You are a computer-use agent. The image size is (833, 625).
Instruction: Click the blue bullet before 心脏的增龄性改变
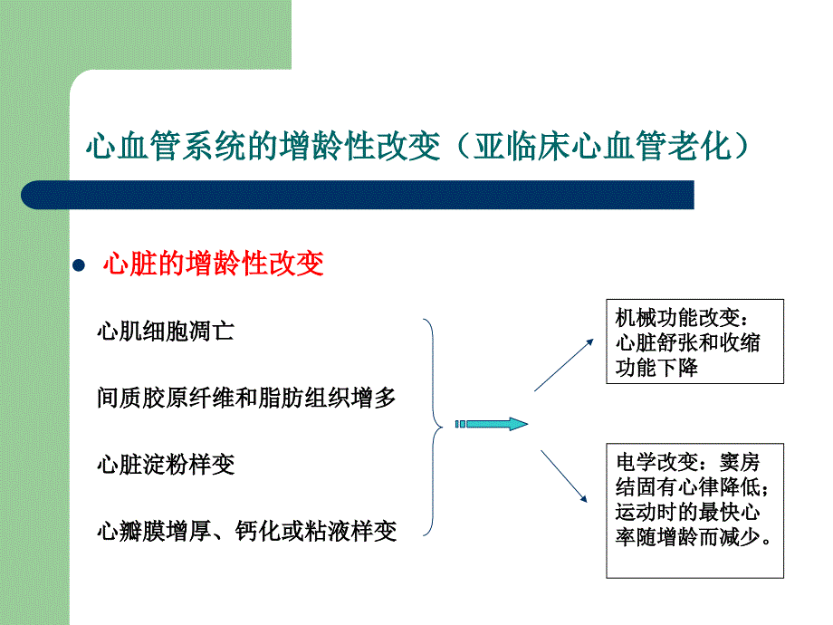click(x=79, y=265)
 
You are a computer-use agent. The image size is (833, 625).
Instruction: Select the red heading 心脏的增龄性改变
click(x=213, y=264)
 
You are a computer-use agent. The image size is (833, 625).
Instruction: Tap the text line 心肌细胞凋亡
click(x=166, y=332)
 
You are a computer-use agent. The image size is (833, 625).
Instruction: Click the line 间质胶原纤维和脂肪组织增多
click(x=246, y=398)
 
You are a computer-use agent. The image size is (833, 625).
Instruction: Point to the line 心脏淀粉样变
click(x=166, y=464)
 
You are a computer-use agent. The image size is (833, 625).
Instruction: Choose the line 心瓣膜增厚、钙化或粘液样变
click(x=247, y=531)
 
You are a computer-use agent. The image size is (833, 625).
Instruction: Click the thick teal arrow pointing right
click(x=492, y=424)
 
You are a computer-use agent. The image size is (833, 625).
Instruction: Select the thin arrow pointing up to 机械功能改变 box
click(x=564, y=365)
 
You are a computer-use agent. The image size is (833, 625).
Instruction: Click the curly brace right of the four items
click(x=434, y=427)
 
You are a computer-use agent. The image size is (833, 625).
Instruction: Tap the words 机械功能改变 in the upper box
click(x=677, y=318)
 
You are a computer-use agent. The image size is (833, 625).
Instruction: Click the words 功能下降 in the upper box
click(x=656, y=367)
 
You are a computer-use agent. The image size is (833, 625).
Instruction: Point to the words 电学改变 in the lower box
click(x=657, y=462)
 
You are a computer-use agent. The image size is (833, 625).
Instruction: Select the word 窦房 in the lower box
click(x=740, y=462)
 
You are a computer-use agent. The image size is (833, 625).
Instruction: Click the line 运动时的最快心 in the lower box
click(x=688, y=512)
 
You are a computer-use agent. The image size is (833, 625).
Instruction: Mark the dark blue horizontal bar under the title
click(x=358, y=195)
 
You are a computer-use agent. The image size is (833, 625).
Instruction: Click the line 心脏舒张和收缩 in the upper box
click(x=688, y=342)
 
